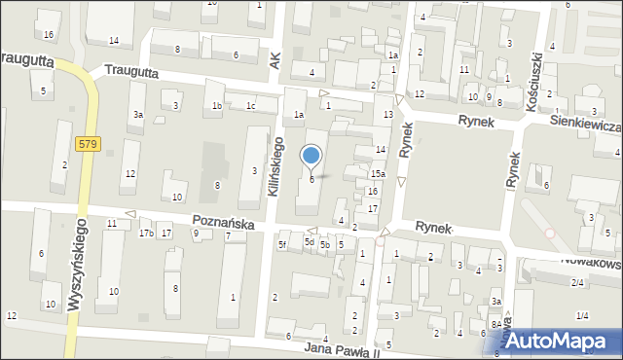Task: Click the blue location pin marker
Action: click(311, 157)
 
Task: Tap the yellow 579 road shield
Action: click(88, 143)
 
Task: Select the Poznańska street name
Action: click(223, 223)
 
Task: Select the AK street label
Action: click(275, 60)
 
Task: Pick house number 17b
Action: click(146, 233)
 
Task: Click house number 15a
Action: click(378, 173)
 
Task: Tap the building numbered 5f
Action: click(282, 244)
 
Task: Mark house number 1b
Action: click(217, 105)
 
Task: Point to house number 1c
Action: click(250, 105)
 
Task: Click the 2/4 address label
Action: click(577, 282)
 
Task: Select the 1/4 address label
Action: click(582, 315)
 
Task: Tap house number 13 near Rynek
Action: click(388, 115)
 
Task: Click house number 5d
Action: click(309, 241)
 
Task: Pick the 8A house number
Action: click(495, 324)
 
